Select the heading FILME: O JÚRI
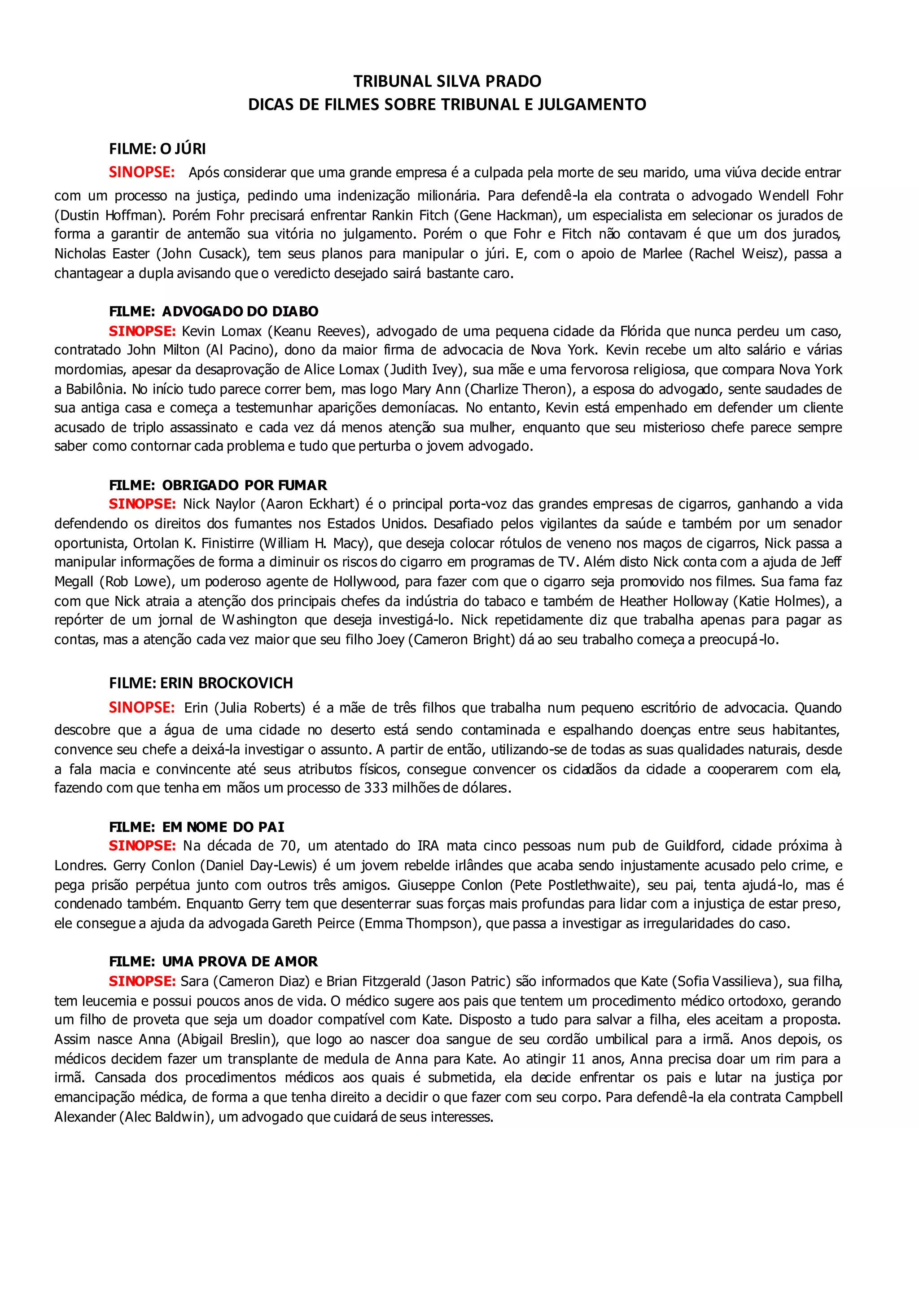click(x=158, y=149)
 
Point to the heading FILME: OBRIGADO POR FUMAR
click(x=218, y=485)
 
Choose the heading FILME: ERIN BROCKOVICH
click(x=201, y=683)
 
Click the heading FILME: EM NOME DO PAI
click(x=197, y=827)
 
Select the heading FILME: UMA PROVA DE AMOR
click(x=213, y=962)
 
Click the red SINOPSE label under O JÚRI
click(x=141, y=172)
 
